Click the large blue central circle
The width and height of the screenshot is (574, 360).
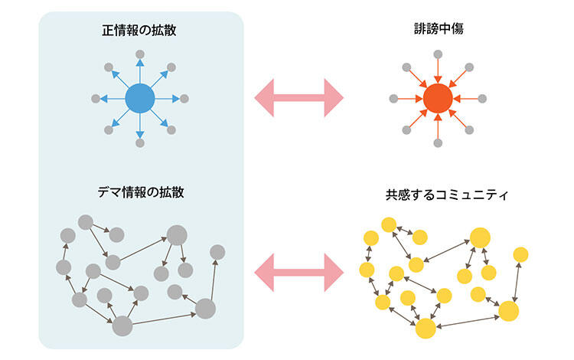click(139, 98)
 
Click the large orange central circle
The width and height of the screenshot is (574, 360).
click(438, 98)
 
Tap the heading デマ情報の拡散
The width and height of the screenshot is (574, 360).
click(141, 191)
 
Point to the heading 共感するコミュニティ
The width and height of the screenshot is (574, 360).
click(438, 195)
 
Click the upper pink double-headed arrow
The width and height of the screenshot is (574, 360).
click(299, 98)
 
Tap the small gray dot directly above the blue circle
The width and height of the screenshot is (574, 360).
click(139, 54)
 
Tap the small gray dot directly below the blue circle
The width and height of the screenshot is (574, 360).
click(139, 143)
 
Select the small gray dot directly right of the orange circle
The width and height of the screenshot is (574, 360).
click(482, 98)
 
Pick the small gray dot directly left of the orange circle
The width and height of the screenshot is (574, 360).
click(393, 98)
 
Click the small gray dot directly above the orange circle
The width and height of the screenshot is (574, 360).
click(438, 54)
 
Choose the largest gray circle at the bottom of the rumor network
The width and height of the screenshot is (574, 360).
click(122, 326)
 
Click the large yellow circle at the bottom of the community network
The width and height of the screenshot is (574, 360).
click(426, 327)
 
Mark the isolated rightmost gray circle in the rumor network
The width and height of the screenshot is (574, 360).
click(217, 251)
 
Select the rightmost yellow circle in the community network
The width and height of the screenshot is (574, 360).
click(521, 253)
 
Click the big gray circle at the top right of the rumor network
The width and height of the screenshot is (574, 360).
click(177, 235)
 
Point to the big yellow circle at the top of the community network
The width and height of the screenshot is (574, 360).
click(480, 237)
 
